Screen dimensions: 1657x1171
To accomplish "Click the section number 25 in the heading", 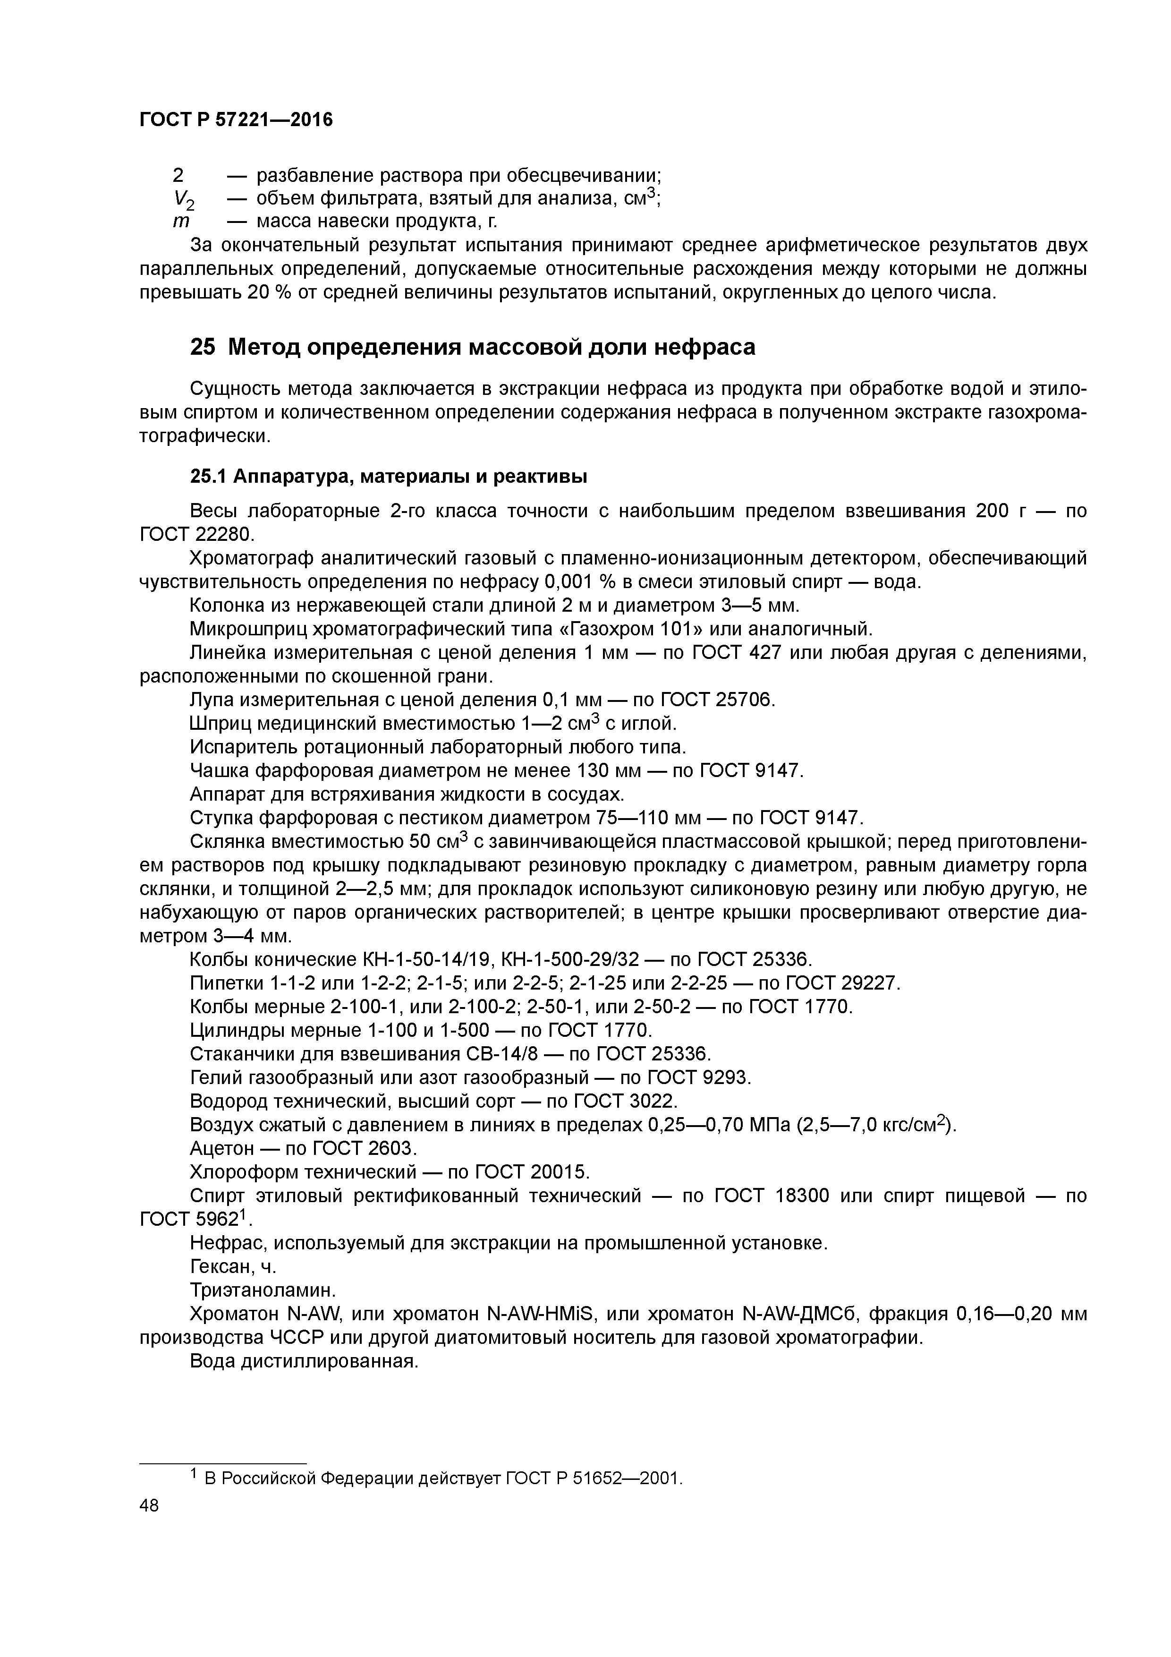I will pos(202,347).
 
